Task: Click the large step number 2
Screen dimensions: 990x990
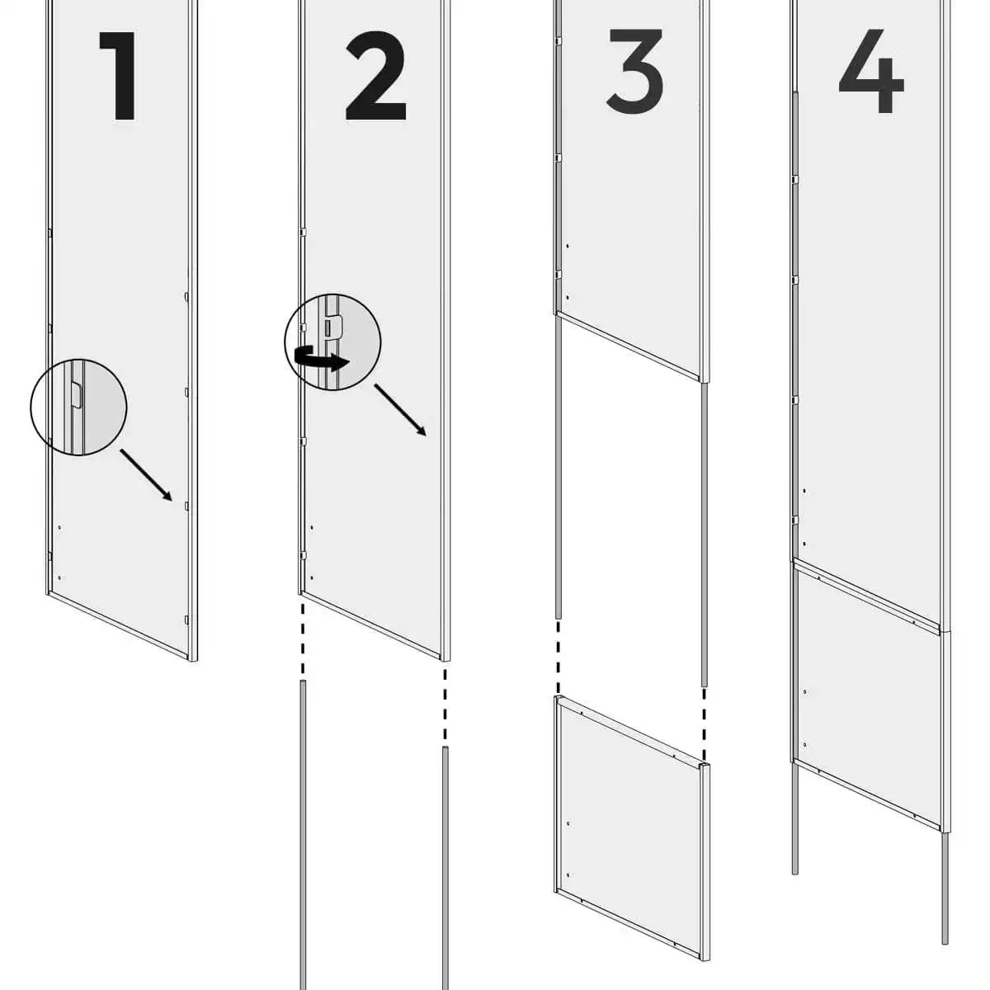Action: [376, 76]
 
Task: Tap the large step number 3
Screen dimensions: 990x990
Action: [635, 71]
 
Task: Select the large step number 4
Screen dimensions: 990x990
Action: [871, 71]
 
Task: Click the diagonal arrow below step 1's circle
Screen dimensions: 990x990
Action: [146, 475]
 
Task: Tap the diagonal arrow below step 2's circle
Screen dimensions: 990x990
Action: [400, 410]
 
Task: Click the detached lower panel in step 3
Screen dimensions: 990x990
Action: [633, 828]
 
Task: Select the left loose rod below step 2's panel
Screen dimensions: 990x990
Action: [303, 835]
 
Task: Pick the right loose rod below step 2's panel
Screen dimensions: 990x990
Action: [445, 868]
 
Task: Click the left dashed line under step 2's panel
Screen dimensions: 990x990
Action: [303, 639]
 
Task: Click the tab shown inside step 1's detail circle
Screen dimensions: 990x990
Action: [76, 394]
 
